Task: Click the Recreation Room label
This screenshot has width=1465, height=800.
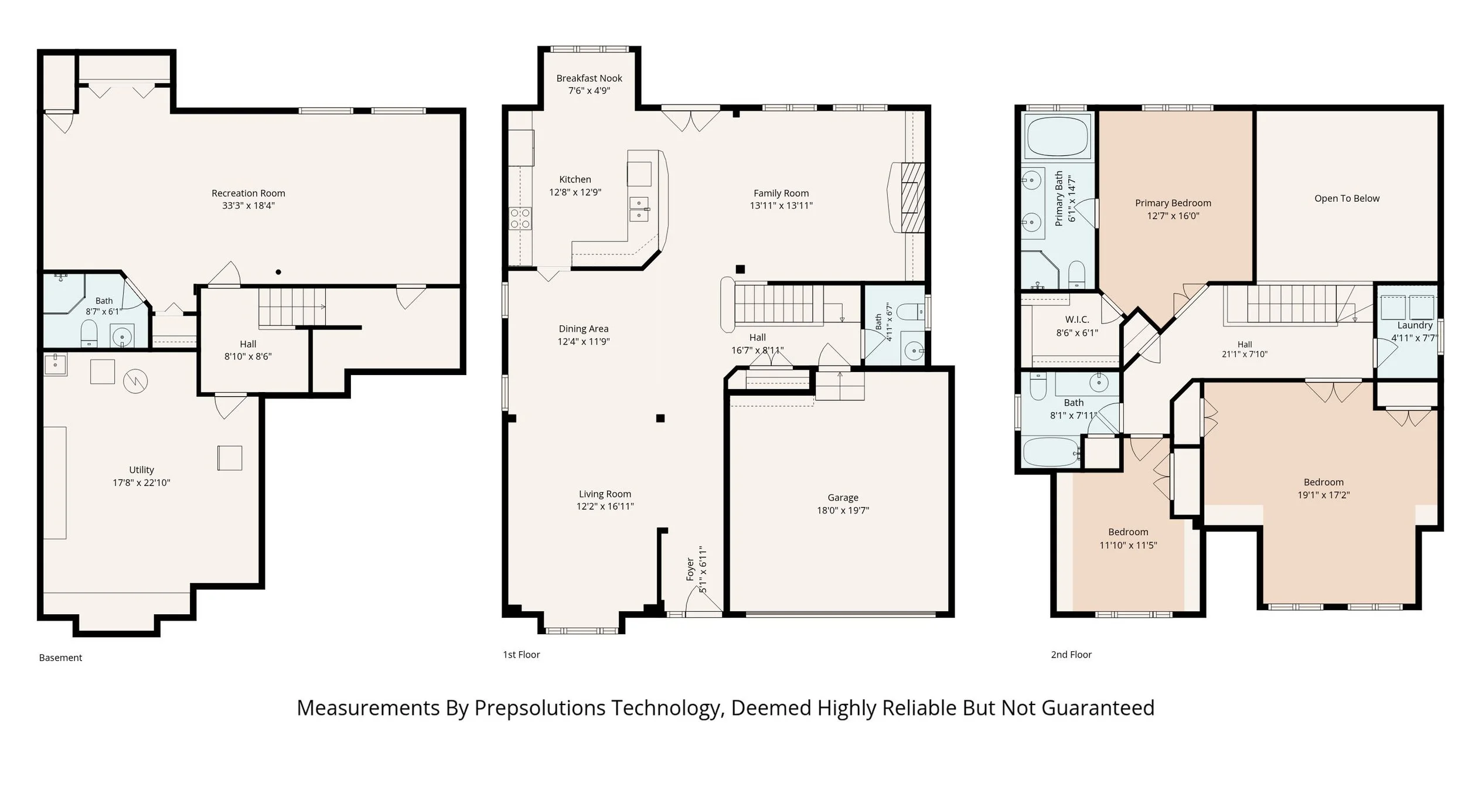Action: (248, 193)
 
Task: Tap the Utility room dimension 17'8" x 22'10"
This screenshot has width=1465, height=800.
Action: (141, 482)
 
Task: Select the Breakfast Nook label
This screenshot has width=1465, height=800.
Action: (589, 78)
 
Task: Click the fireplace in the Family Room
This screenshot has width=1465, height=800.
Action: (907, 197)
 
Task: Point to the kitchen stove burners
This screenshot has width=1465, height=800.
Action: (520, 218)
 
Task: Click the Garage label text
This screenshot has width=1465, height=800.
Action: (843, 497)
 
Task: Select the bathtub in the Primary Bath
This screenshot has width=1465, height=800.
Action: (1057, 135)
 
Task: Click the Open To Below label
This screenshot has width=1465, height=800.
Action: (1347, 198)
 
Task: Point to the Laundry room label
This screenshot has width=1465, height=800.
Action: (1415, 325)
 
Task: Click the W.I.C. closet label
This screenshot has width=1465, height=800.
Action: (1077, 319)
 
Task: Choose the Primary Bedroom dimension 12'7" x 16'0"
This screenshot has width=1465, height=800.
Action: (1173, 216)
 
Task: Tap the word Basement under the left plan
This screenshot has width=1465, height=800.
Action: (60, 658)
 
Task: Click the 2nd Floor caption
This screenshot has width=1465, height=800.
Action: (1071, 655)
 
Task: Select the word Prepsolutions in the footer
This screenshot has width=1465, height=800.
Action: (540, 708)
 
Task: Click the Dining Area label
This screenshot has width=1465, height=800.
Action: (583, 329)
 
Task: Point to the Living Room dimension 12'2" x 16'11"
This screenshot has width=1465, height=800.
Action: (605, 506)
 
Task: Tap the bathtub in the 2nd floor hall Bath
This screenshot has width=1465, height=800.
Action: (1051, 452)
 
